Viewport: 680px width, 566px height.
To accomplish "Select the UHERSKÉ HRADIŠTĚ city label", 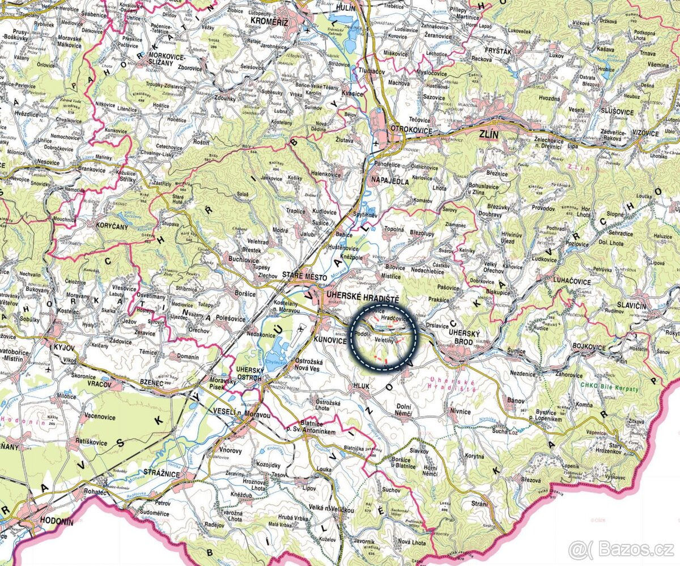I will (363, 299).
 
